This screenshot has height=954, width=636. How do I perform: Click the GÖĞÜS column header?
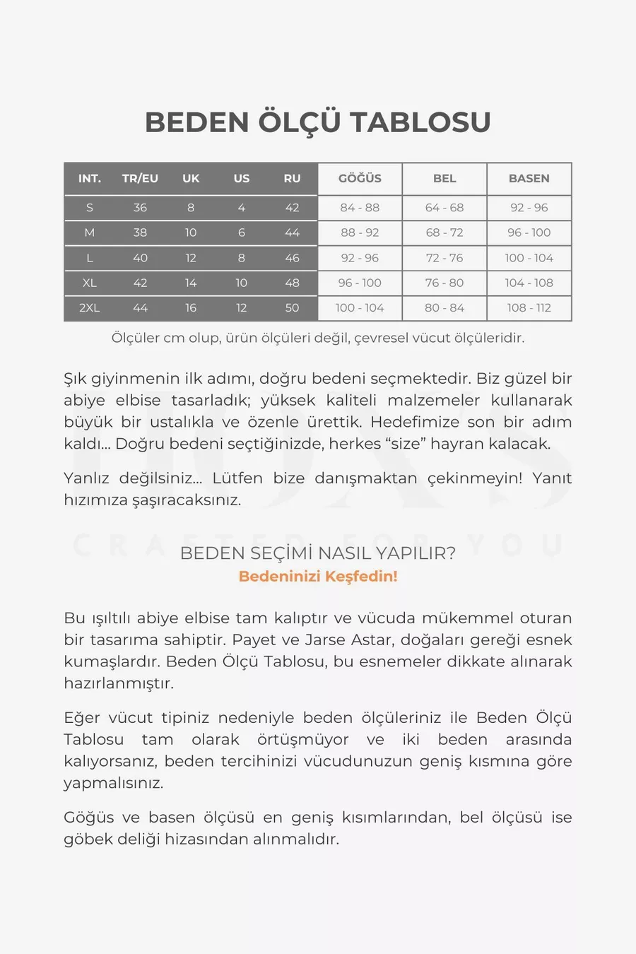[360, 179]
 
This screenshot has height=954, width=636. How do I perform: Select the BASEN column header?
[529, 179]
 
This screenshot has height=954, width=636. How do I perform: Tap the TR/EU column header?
[140, 179]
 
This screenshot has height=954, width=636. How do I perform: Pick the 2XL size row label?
[90, 308]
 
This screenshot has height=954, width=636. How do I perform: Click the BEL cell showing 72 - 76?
[444, 258]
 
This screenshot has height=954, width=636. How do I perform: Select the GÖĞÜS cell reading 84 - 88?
[360, 208]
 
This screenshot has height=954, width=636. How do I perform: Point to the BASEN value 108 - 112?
[529, 308]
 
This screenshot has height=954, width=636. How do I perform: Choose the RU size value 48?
[292, 283]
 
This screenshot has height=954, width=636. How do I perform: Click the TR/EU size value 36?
[140, 208]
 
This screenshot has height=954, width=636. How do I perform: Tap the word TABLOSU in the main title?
[420, 122]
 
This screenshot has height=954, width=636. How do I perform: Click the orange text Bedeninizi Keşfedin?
[318, 576]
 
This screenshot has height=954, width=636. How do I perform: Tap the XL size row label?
[90, 283]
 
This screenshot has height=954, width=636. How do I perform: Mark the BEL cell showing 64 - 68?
[444, 208]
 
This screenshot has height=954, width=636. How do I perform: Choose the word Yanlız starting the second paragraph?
[86, 478]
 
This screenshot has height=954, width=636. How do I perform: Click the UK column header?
[191, 179]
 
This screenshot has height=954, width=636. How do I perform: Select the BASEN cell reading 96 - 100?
[529, 232]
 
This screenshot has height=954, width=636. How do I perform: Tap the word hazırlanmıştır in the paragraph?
[119, 683]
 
